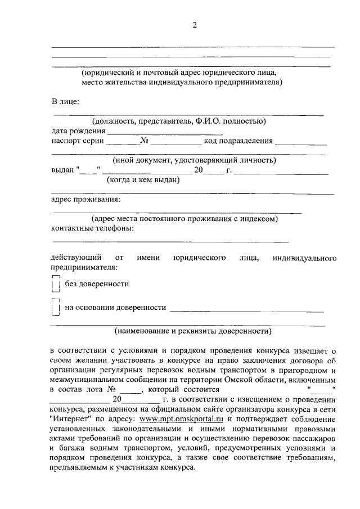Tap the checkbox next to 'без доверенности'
pos(56,285)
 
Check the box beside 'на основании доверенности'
pos(56,308)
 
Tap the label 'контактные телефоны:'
pos(92,228)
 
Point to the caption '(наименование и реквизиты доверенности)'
pos(193,331)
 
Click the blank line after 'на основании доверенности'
pos(246,308)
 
